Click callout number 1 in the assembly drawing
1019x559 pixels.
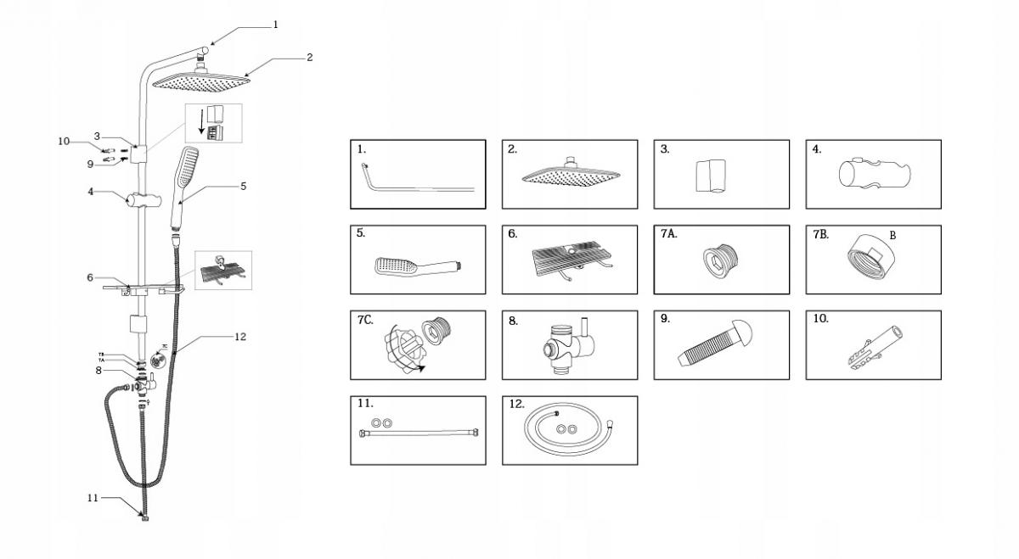point(275,25)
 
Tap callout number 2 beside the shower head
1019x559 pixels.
point(309,58)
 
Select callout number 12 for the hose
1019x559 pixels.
point(240,337)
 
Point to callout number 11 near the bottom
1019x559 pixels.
point(93,497)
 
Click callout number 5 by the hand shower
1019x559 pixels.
point(243,186)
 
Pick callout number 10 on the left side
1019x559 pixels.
point(64,142)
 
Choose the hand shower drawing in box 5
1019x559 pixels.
point(416,265)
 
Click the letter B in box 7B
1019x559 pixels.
point(892,235)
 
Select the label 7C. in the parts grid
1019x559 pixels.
point(364,319)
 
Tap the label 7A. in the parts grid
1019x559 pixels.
point(669,234)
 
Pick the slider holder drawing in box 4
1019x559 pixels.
point(875,174)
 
